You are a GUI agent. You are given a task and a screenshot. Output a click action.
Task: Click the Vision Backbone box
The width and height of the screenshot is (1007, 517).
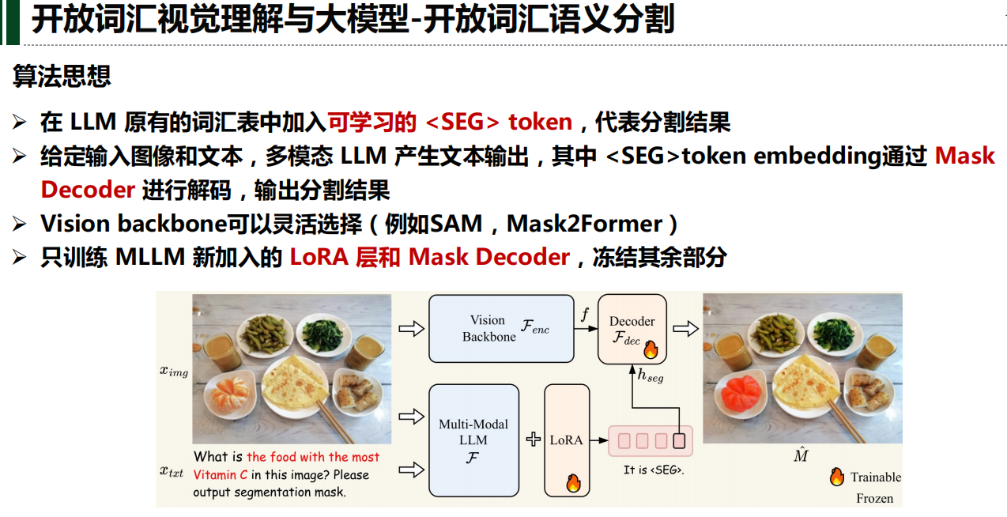click(x=501, y=328)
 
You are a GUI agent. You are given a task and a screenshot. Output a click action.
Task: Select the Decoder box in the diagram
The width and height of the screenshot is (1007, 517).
click(x=632, y=329)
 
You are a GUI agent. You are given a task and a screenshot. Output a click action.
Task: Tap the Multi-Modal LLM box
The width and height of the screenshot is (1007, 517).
click(x=473, y=440)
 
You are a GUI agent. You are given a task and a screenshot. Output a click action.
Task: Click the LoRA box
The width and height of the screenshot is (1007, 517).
click(x=567, y=440)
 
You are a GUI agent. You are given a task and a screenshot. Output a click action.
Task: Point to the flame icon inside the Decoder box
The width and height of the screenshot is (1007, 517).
click(x=651, y=349)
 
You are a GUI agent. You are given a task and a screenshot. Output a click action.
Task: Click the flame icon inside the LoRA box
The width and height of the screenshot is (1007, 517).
click(x=573, y=482)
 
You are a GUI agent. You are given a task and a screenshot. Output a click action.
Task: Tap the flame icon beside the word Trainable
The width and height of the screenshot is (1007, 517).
click(x=837, y=477)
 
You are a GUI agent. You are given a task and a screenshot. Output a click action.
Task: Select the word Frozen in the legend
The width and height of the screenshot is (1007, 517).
click(x=874, y=498)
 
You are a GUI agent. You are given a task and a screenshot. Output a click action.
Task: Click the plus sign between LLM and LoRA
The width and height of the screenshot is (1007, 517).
click(x=534, y=440)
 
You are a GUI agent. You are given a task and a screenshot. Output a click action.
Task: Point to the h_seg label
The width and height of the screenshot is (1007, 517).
click(x=651, y=378)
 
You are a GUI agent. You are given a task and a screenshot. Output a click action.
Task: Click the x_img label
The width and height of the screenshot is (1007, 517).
click(x=174, y=371)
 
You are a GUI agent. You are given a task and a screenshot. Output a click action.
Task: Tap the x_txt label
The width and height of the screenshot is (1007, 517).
click(x=172, y=471)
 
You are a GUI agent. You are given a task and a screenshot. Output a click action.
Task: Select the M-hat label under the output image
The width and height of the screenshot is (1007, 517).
click(x=801, y=455)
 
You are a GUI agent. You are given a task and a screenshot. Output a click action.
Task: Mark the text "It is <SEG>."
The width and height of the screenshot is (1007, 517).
click(x=653, y=470)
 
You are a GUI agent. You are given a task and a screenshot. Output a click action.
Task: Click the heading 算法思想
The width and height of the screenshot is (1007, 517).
click(x=62, y=76)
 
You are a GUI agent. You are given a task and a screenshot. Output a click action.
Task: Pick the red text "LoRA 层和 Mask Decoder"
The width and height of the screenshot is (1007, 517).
click(x=429, y=258)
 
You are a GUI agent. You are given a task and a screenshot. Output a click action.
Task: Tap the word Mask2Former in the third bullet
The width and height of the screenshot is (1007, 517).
click(x=584, y=224)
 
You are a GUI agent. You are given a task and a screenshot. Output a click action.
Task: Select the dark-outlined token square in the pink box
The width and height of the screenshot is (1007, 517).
click(x=678, y=440)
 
